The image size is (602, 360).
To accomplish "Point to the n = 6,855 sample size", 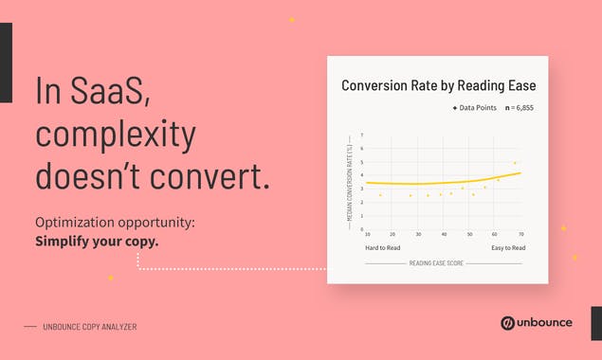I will coord(520,109).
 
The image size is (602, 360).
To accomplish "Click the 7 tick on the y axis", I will coord(361,135).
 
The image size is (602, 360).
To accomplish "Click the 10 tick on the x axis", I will coord(368,234).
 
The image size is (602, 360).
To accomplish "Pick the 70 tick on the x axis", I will coord(520,234).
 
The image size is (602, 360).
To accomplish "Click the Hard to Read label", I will coord(383,247).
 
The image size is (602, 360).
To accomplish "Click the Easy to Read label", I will coord(506,247).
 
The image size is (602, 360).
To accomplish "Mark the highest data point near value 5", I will coord(515,163).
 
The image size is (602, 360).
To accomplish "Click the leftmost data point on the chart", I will coord(380,195).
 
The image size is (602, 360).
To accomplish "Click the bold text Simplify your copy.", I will coord(97,241).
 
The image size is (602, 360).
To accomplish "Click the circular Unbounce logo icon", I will coord(508,323).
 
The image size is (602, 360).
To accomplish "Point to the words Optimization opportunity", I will coord(115,222).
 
